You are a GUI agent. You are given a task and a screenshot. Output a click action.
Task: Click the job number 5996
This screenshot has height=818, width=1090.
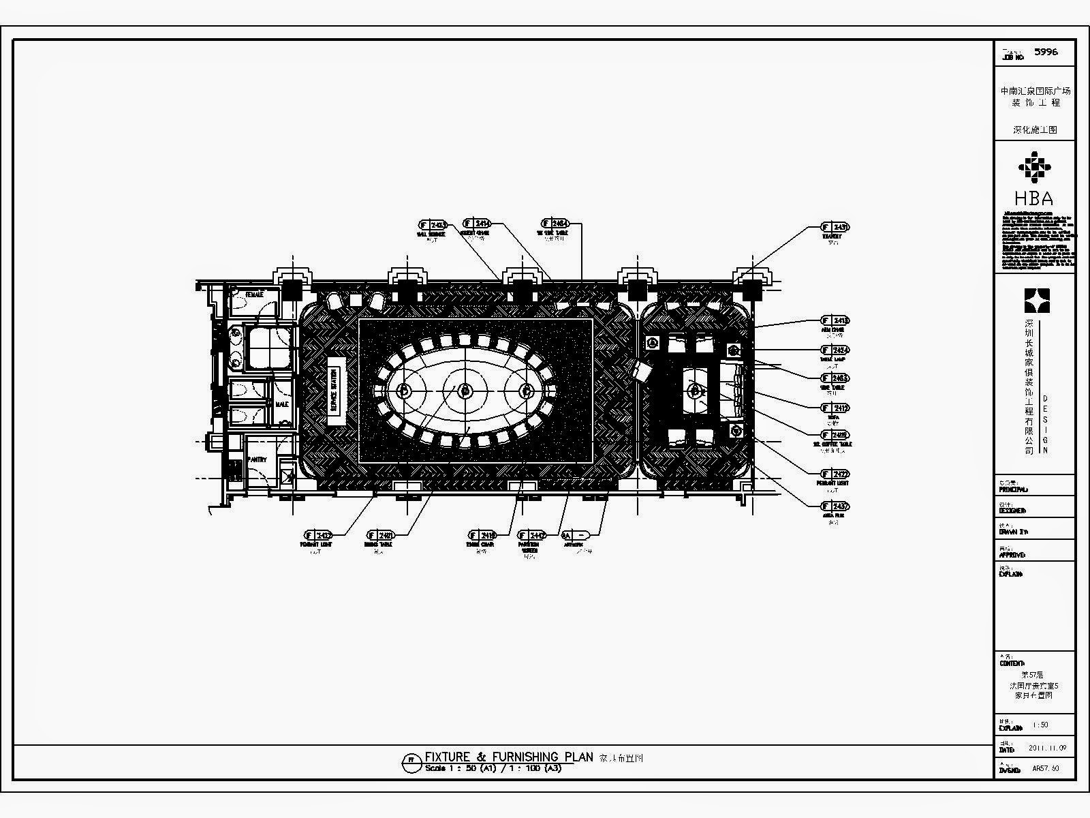click(x=1046, y=52)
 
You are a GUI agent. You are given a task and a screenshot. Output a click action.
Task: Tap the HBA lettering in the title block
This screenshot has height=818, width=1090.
click(x=1033, y=198)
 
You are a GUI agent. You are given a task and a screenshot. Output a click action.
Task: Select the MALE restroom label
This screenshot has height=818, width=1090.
click(x=281, y=404)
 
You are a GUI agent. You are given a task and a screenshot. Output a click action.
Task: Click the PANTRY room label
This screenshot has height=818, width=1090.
click(x=257, y=460)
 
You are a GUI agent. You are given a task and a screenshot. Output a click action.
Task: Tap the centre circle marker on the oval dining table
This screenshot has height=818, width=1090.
click(x=465, y=391)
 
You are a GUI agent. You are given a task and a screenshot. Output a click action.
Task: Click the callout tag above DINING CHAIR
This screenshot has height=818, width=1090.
click(x=482, y=535)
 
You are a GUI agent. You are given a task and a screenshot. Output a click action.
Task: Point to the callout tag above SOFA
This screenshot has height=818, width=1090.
click(x=835, y=408)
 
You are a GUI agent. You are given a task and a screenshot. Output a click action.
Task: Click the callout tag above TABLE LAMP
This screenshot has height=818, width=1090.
click(x=835, y=350)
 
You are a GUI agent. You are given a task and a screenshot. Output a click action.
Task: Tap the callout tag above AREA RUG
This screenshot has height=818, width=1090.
click(x=835, y=506)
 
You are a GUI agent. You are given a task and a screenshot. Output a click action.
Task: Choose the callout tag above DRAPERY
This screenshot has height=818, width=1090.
click(x=835, y=228)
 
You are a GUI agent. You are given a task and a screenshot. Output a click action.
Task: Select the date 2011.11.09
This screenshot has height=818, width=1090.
click(x=1052, y=748)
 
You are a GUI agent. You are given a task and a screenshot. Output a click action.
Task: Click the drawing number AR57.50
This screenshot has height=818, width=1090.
click(x=1045, y=769)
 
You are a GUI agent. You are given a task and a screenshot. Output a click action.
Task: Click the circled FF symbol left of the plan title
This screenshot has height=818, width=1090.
click(x=410, y=761)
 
